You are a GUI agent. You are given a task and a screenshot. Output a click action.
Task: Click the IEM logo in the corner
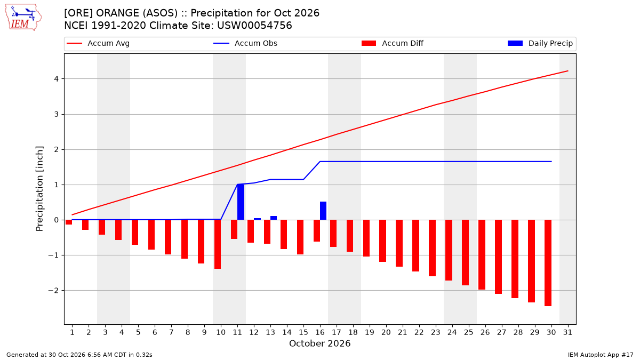coord(23,18)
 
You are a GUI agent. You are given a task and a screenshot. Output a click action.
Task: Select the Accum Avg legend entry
coord(98,43)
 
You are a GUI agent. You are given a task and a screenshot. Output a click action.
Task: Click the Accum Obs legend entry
coord(245,43)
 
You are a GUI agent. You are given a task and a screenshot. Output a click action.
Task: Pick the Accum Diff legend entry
coord(393,43)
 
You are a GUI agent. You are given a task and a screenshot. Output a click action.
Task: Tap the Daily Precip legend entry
coord(540,43)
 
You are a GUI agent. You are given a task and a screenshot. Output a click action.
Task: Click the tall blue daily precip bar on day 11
coord(241,202)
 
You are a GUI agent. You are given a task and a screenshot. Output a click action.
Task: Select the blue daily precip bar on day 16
coord(323,211)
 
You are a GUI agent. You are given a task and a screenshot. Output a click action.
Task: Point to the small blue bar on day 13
coord(274,218)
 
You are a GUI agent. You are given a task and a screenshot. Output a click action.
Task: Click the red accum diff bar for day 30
coord(548,263)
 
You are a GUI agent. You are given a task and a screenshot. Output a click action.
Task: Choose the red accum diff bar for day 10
coord(218,244)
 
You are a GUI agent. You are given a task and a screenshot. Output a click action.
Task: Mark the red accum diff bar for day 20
coord(382,241)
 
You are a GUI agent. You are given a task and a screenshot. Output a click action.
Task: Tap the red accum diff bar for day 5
coord(135,233)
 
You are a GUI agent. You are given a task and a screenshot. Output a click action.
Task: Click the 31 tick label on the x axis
coord(567,332)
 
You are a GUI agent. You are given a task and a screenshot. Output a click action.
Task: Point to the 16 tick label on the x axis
coord(320,332)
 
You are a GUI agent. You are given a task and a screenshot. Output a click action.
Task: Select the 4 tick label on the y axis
coord(56,79)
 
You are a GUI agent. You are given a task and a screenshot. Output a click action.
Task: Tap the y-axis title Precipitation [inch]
coord(39,189)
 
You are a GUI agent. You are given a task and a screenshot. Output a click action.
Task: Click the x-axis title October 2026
coord(319,343)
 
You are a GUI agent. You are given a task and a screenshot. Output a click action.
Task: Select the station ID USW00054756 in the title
coord(254,26)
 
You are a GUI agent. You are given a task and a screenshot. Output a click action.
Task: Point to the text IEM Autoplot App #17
coord(601,355)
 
